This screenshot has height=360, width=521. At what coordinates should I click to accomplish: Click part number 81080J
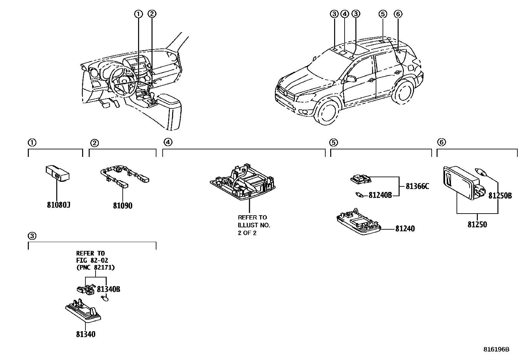click(x=59, y=205)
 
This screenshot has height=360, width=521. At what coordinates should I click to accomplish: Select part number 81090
click(x=123, y=206)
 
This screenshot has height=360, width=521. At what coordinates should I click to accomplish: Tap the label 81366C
click(x=417, y=186)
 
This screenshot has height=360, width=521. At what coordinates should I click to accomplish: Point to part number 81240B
click(x=380, y=195)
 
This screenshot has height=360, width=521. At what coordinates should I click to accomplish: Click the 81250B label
click(x=500, y=196)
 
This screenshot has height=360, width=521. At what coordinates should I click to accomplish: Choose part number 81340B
click(x=109, y=289)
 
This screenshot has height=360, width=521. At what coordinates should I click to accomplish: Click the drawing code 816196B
click(x=496, y=349)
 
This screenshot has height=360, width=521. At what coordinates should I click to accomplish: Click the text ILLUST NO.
click(x=254, y=225)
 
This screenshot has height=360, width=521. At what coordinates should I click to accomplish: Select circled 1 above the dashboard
click(x=138, y=14)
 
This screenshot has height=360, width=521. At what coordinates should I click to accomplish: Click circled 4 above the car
click(x=344, y=14)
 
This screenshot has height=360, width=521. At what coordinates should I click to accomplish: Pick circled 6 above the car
click(x=398, y=14)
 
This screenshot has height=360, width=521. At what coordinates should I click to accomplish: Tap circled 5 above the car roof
click(x=383, y=14)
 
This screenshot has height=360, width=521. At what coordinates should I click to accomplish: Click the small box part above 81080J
click(x=57, y=173)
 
